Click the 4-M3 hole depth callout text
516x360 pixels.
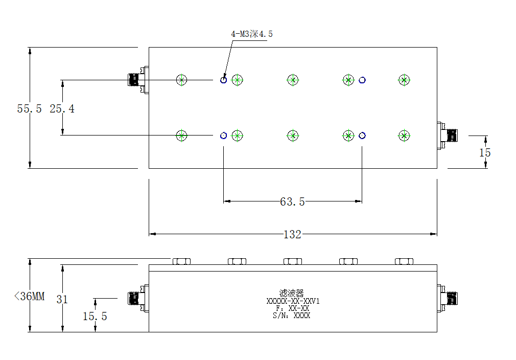(x=252, y=34)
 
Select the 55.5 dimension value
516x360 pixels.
(x=29, y=109)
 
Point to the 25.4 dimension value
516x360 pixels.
(x=62, y=109)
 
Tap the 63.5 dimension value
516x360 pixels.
(x=292, y=201)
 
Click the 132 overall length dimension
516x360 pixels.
(x=292, y=235)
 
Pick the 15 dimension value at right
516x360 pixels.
(x=485, y=153)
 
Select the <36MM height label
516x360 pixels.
(x=29, y=296)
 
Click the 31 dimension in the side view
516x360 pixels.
(x=62, y=299)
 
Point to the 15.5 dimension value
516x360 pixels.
(x=95, y=317)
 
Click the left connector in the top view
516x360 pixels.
(x=138, y=80)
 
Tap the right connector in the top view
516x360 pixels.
(x=447, y=136)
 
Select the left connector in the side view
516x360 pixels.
(x=138, y=299)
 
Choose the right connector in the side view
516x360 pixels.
(x=447, y=299)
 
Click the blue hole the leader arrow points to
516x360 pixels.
(x=223, y=80)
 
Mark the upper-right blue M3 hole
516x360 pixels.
(x=362, y=80)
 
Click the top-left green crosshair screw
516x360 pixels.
(x=182, y=80)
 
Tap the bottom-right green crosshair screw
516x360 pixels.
(x=404, y=136)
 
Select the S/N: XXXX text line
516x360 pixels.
(x=292, y=316)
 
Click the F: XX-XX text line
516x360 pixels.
(x=293, y=308)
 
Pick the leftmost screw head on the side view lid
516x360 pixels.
(x=182, y=261)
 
